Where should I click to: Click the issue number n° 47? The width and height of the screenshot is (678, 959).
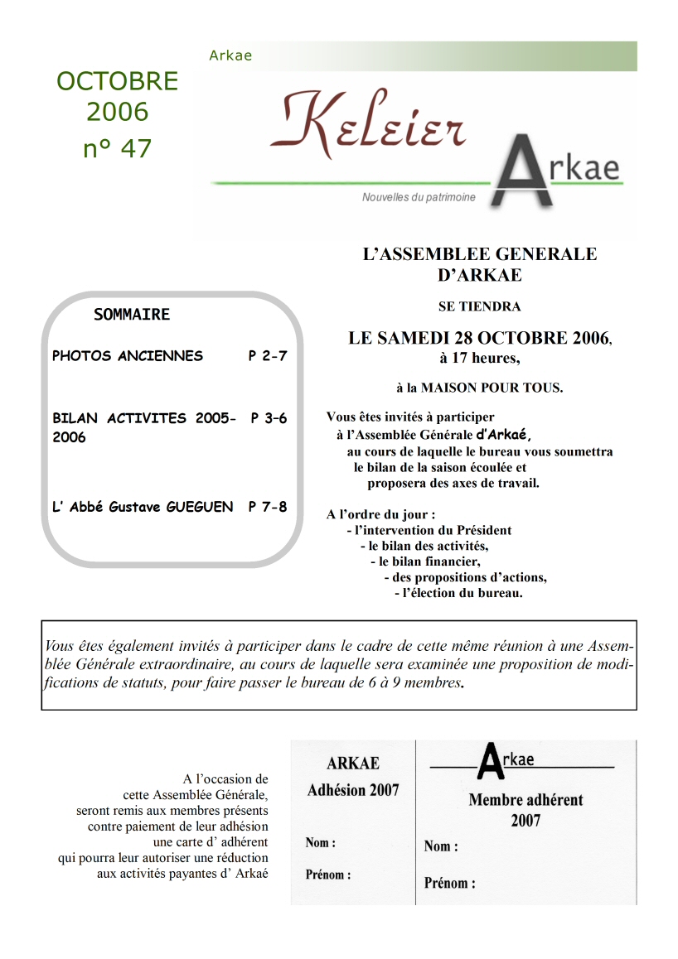118,148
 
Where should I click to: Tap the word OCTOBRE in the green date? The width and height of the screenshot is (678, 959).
118,81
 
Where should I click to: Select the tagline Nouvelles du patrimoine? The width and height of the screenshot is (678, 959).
419,198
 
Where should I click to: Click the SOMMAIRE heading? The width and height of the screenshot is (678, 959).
132,315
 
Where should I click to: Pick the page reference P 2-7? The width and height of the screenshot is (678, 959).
267,356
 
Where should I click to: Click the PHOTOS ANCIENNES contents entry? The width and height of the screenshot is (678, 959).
128,356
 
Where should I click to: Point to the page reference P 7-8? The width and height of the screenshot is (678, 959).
267,506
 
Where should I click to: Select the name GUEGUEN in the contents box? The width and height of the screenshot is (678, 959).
200,506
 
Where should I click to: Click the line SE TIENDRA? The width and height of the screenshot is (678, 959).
479,306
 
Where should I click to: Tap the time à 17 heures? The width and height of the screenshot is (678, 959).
479,359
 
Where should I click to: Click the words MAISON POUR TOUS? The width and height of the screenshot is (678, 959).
492,388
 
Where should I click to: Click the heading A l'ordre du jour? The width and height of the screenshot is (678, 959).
380,514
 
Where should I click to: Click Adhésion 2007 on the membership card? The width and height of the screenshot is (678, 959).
353,790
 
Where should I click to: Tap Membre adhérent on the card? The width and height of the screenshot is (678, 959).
525,800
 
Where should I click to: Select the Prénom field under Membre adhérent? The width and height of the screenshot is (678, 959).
450,883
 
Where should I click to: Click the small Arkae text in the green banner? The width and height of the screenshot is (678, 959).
230,56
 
